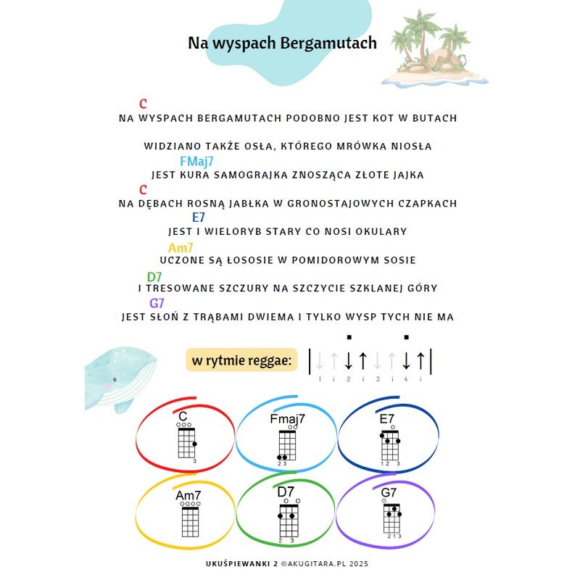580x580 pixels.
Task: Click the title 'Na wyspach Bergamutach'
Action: point(282,43)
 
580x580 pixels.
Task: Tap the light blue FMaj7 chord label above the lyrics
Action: point(196,162)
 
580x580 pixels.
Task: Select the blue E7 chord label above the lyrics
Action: point(198,217)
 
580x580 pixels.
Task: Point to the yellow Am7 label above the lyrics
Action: point(181,247)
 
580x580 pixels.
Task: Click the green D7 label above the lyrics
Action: point(154,277)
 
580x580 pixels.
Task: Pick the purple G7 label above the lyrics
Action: point(157,303)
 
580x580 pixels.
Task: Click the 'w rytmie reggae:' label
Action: point(241,360)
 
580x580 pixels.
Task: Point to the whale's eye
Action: point(115,379)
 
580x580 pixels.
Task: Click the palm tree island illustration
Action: point(435,49)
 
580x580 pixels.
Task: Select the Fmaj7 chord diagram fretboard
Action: point(287,445)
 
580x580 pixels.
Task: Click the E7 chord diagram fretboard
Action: point(390,445)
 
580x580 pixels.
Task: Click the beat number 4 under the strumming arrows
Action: point(406,379)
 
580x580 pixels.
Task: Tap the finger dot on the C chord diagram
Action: point(194,444)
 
